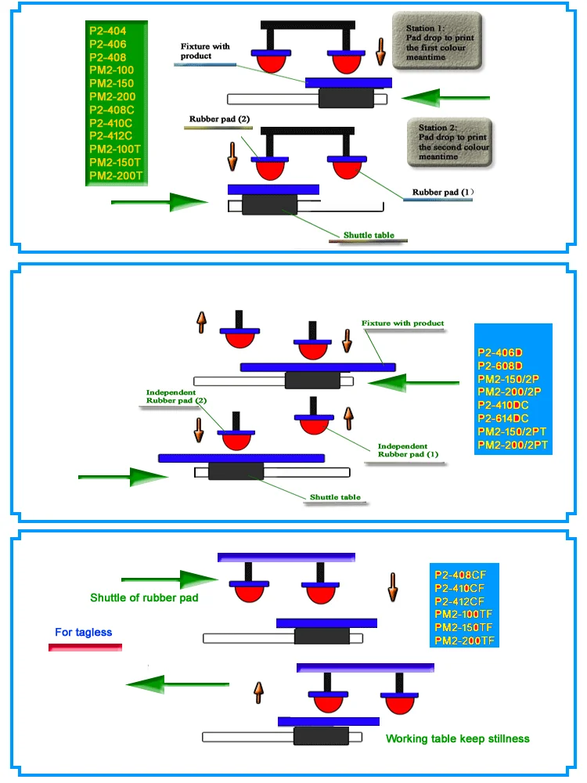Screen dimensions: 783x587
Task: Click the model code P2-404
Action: [x=107, y=31]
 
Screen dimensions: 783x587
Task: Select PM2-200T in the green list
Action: [x=117, y=175]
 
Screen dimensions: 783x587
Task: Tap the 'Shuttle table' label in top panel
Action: [x=368, y=235]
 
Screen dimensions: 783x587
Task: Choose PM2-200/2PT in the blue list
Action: [x=513, y=445]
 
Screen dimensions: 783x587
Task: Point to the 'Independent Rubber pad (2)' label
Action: [x=176, y=396]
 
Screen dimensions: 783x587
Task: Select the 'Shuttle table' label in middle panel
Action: [x=335, y=496]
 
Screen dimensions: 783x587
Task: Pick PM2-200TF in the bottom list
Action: [x=464, y=640]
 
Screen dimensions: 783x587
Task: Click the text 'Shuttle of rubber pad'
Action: [x=144, y=598]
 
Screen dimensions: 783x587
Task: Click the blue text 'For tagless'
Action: [x=84, y=632]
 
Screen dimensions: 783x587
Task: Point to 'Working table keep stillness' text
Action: [x=458, y=738]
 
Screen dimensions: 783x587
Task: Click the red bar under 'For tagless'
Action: [x=85, y=647]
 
